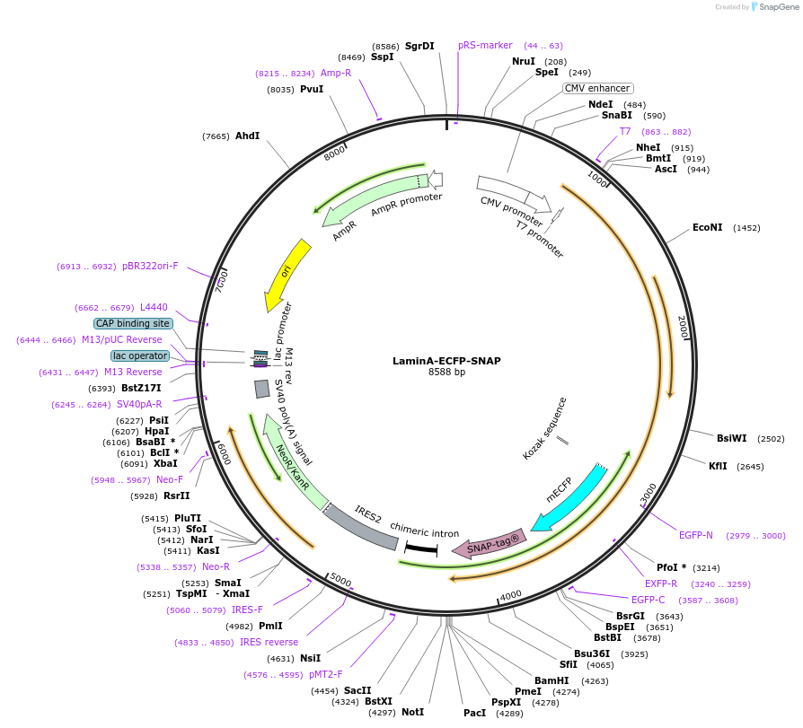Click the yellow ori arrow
click(x=286, y=274)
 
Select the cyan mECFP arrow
click(x=569, y=497)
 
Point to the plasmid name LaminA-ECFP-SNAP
click(x=446, y=361)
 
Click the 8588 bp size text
click(x=446, y=373)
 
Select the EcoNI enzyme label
click(x=707, y=227)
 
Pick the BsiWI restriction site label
click(x=731, y=438)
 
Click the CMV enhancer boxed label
click(x=597, y=88)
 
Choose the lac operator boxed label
click(x=139, y=355)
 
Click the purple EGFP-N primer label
click(x=696, y=535)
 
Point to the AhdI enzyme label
click(x=247, y=136)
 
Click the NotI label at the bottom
click(x=412, y=712)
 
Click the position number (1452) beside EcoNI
click(x=746, y=228)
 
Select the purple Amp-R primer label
click(x=336, y=73)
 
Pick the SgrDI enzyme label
click(x=419, y=46)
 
